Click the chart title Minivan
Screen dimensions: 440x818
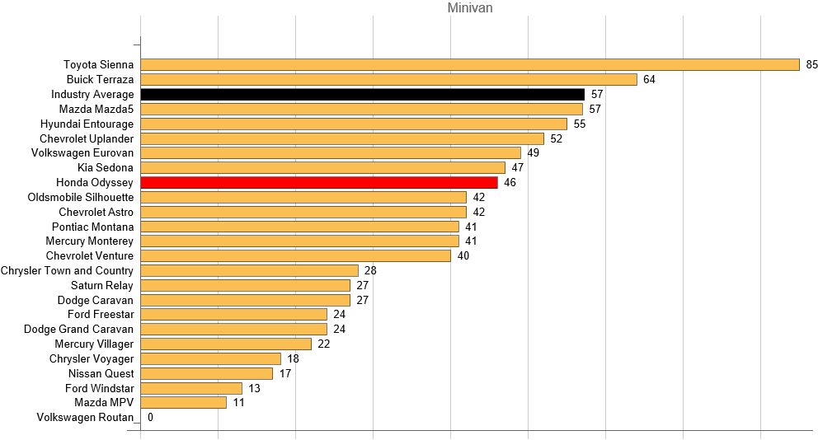(470, 8)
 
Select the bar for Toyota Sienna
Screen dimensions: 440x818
(470, 64)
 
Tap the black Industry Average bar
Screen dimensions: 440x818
(363, 94)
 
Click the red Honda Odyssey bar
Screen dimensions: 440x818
(319, 182)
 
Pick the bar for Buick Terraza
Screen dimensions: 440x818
(389, 79)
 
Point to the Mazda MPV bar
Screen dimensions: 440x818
(184, 402)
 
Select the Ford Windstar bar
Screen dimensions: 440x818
(191, 388)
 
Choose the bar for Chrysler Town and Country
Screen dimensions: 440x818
(250, 270)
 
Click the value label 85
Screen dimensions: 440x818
(811, 64)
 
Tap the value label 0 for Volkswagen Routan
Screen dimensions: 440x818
(150, 417)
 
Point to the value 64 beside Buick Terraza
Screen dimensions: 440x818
(649, 79)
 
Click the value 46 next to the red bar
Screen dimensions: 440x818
(510, 182)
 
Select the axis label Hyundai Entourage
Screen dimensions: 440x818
(87, 124)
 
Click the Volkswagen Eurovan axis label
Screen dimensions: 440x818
(82, 152)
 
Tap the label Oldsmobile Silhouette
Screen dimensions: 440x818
(80, 197)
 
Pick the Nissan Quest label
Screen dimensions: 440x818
(101, 373)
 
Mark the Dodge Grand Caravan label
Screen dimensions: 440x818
(78, 329)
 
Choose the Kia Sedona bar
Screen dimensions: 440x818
(323, 167)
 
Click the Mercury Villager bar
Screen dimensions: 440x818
(226, 344)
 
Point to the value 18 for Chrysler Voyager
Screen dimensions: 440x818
(293, 358)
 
